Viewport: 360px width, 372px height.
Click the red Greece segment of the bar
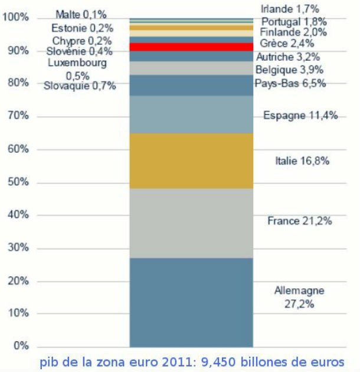[191, 47]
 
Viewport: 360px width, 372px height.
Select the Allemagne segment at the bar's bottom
[191, 302]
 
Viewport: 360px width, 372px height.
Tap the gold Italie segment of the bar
[191, 161]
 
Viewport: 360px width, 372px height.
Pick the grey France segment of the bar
[191, 223]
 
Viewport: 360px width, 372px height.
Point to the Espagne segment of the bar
[191, 114]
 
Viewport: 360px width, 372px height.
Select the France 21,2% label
[299, 222]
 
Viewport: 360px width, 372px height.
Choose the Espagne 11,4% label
[300, 116]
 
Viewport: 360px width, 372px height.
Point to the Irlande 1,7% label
[290, 8]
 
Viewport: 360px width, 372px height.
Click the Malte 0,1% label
[81, 14]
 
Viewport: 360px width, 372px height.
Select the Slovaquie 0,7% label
[80, 87]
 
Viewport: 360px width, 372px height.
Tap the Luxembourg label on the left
[77, 62]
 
